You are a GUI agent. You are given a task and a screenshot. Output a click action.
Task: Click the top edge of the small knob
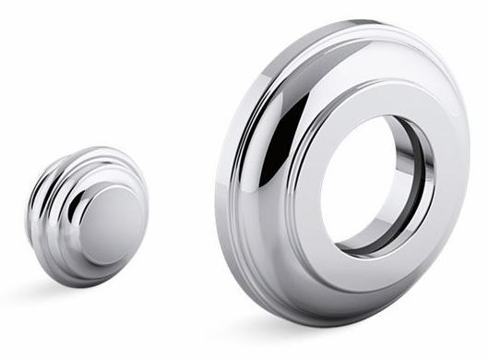[101, 148]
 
